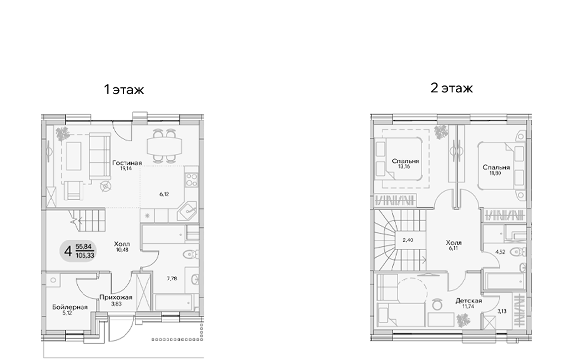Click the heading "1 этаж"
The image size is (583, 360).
[124, 90]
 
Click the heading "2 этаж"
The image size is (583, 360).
[452, 88]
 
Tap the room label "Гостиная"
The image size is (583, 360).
[127, 163]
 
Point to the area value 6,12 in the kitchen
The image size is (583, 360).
[165, 194]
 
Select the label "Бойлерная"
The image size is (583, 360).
[70, 307]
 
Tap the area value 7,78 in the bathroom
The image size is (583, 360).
[172, 279]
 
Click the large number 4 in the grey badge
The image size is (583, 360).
[67, 251]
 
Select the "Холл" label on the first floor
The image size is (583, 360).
[122, 244]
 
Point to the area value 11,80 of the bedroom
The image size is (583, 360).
[496, 173]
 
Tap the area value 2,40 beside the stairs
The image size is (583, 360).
[408, 240]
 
